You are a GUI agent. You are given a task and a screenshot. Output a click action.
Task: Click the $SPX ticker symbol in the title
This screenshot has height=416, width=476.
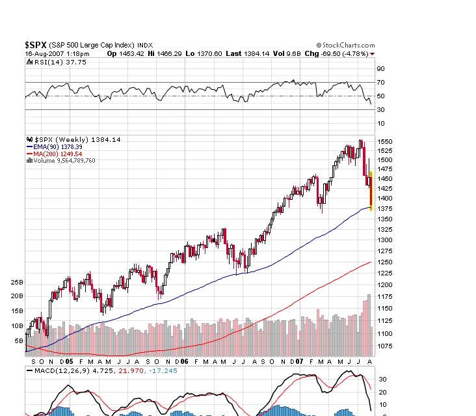pyautogui.click(x=36, y=44)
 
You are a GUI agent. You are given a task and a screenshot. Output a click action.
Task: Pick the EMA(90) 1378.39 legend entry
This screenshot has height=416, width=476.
pyautogui.click(x=60, y=147)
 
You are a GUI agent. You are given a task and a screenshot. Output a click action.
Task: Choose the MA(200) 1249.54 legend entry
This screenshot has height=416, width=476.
pyautogui.click(x=60, y=154)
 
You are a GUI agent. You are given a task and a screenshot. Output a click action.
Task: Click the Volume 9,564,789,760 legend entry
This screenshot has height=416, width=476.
pyautogui.click(x=64, y=161)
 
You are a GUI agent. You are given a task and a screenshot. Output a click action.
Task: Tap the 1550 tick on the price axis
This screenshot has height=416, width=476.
pyautogui.click(x=385, y=141)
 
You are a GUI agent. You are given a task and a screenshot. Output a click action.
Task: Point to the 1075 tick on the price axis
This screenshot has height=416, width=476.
pyautogui.click(x=385, y=346)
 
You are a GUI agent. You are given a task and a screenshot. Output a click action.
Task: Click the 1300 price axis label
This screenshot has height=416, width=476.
pyautogui.click(x=385, y=240)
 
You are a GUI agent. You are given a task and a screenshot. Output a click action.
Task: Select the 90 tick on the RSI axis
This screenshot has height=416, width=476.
pyautogui.click(x=380, y=68)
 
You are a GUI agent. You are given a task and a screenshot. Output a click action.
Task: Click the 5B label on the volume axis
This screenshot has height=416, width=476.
pyautogui.click(x=18, y=340)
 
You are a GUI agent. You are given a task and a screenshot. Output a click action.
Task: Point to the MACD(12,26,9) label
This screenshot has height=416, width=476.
pyautogui.click(x=57, y=371)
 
